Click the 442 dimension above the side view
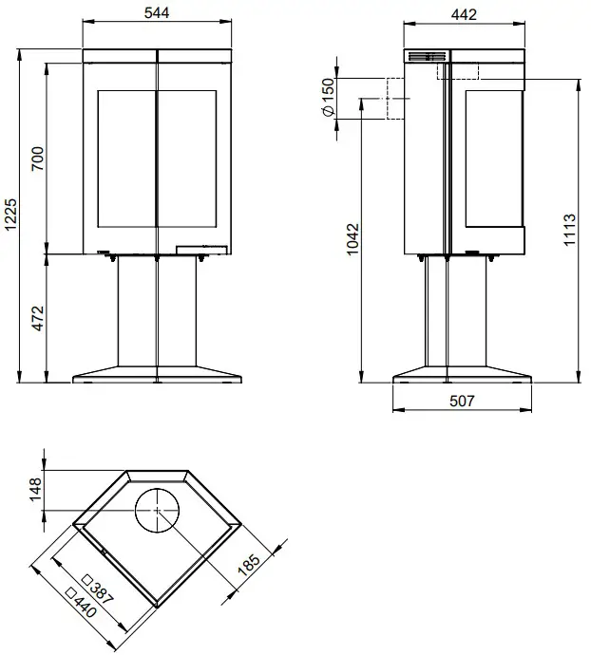point(463,13)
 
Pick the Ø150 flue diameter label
point(328,99)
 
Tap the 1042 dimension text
point(352,239)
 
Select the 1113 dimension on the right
point(569,229)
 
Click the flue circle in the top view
point(157,514)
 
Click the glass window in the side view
point(493,159)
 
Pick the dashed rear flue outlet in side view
point(397,98)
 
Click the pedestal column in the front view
point(157,313)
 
